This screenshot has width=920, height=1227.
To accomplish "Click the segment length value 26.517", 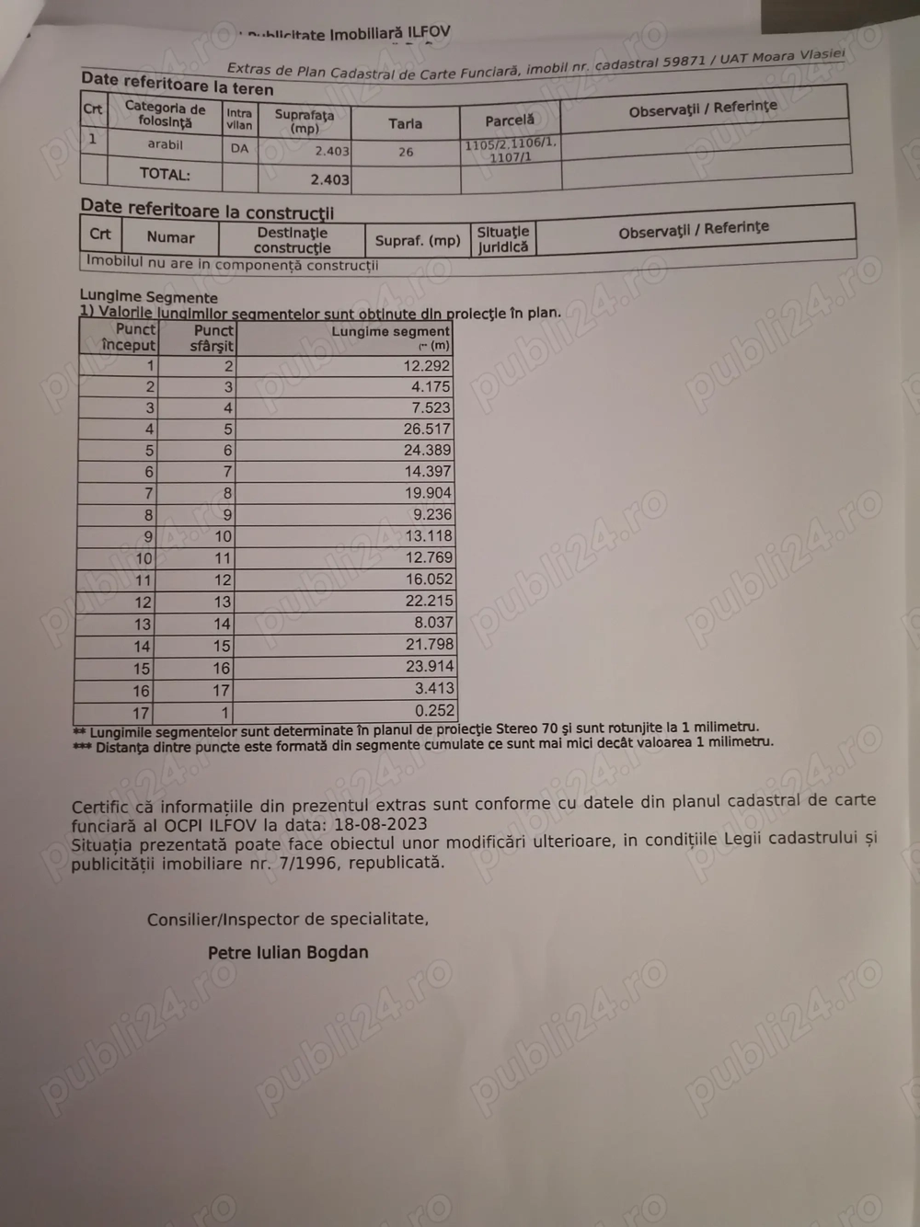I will click(427, 430).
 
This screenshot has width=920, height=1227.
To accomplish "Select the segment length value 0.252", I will click(434, 710).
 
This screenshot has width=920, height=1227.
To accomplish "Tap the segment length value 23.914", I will click(430, 666).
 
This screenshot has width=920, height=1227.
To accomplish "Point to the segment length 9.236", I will click(432, 515).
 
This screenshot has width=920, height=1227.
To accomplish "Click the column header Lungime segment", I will click(390, 331).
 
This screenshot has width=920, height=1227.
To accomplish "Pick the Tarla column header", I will click(405, 123).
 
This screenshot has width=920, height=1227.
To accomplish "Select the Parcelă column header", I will click(510, 120).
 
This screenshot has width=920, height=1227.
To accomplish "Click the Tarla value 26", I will click(406, 152).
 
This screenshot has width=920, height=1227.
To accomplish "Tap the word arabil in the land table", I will click(166, 144).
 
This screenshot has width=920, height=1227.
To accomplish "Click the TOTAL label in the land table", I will click(165, 174).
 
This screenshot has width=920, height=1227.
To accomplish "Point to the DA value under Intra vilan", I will click(239, 148).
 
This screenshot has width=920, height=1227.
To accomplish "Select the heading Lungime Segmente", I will click(149, 297).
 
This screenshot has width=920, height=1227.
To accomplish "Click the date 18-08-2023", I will click(379, 824).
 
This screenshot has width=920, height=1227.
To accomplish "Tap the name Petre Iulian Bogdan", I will click(288, 953).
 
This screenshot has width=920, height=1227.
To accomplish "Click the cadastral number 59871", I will click(684, 62).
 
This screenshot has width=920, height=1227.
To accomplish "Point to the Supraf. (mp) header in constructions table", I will click(418, 241).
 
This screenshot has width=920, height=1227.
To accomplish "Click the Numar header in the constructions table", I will click(171, 237).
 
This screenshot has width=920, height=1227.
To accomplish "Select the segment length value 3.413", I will click(434, 688).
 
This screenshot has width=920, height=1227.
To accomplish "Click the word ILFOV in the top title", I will click(429, 32).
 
